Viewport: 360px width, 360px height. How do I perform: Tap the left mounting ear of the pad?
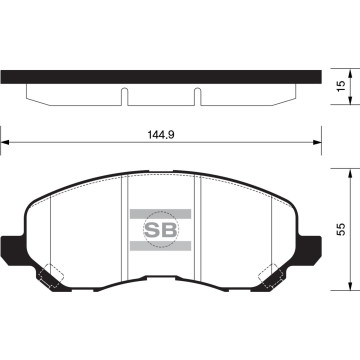click(11, 244)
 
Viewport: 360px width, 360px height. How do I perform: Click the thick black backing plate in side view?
click(160, 77)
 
